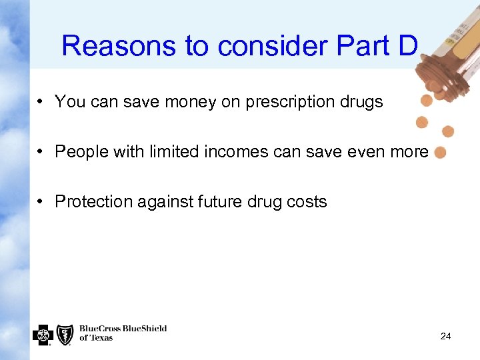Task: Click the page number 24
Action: (x=445, y=337)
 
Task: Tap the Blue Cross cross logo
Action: (x=42, y=334)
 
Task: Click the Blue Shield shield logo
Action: (x=65, y=334)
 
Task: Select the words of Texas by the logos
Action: (x=96, y=339)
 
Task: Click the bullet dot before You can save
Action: (x=41, y=102)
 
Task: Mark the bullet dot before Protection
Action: (x=41, y=202)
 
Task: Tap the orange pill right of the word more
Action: (x=439, y=153)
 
